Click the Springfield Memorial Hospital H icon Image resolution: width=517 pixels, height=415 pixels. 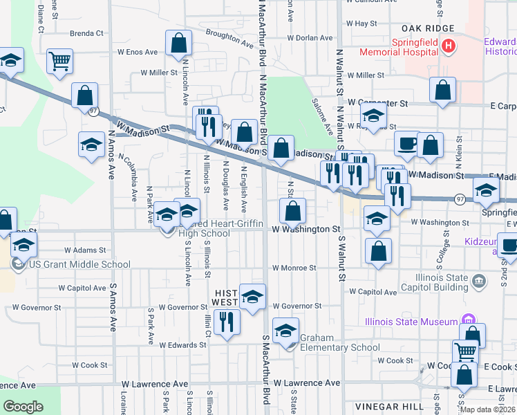pyautogui.click(x=449, y=46)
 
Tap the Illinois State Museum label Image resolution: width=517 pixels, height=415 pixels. pyautogui.click(x=411, y=322)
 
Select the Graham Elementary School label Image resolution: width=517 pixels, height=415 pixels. pyautogui.click(x=339, y=348)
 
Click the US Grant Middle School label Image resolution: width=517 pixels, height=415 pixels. pyautogui.click(x=79, y=264)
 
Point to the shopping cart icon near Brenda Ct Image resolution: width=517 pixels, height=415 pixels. pyautogui.click(x=60, y=61)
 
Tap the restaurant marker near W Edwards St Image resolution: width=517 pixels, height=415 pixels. pyautogui.click(x=226, y=322)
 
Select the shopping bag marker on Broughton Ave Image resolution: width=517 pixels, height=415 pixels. pyautogui.click(x=178, y=43)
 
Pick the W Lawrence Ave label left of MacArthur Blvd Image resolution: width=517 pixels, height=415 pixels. pyautogui.click(x=155, y=383)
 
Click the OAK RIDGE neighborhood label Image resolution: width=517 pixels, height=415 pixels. pyautogui.click(x=429, y=28)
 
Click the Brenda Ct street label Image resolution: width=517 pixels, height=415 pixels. pyautogui.click(x=86, y=33)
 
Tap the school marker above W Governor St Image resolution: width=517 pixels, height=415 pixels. pyautogui.click(x=252, y=297)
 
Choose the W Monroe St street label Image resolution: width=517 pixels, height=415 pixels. pyautogui.click(x=294, y=268)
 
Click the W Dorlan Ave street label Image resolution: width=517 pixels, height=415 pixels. pyautogui.click(x=310, y=38)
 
